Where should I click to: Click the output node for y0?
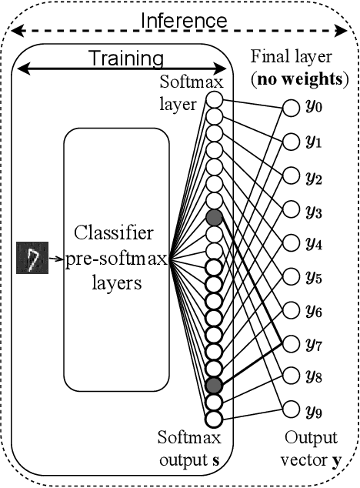point(291,109)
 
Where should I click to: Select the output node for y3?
point(291,209)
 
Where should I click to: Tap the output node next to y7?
point(291,342)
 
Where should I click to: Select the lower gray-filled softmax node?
point(214,386)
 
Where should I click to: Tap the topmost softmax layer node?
point(214,100)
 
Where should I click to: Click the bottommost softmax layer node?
point(214,419)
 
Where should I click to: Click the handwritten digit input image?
point(31,259)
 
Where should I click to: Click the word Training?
point(125,58)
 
